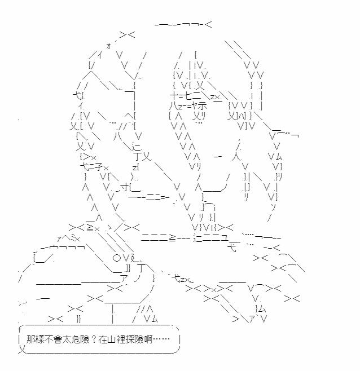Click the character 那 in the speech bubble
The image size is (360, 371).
click(x=30, y=340)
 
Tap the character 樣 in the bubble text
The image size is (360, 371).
click(x=39, y=340)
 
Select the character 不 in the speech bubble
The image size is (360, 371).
click(x=49, y=340)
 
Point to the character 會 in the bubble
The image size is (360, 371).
click(x=58, y=340)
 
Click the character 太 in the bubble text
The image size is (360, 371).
click(x=67, y=340)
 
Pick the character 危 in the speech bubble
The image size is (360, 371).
click(x=75, y=340)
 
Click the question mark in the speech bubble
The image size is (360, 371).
click(x=94, y=340)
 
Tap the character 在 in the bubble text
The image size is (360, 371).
click(x=103, y=340)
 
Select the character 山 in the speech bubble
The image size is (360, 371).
click(x=112, y=340)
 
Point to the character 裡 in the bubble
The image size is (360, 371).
click(x=121, y=340)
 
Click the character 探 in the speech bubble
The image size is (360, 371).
click(x=130, y=340)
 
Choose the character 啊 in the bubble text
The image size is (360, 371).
click(x=147, y=340)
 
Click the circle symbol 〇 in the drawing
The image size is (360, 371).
click(x=117, y=258)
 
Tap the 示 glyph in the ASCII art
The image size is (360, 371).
click(x=202, y=106)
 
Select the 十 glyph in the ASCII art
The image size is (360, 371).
click(x=174, y=96)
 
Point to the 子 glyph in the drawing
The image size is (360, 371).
click(x=99, y=167)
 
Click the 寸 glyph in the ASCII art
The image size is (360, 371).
click(x=125, y=187)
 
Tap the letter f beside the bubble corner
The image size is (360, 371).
click(x=19, y=329)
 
